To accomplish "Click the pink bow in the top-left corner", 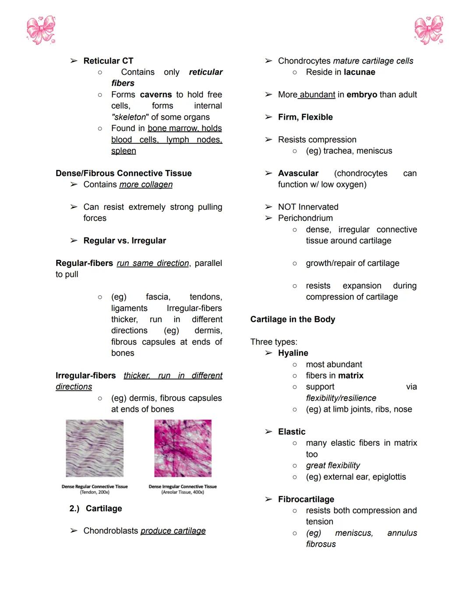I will [41, 30].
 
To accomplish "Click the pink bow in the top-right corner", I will [429, 30].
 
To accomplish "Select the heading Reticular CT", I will [108, 61].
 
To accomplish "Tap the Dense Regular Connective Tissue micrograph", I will [95, 448].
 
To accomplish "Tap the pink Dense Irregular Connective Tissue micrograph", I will [183, 448].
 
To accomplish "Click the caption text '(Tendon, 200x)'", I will [95, 492].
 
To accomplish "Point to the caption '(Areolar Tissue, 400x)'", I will [183, 492].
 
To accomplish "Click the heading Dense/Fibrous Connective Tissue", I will [124, 173].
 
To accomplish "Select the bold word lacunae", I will [359, 72].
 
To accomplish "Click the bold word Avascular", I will [298, 173].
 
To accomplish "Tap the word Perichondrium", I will [305, 218].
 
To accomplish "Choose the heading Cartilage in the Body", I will [293, 319].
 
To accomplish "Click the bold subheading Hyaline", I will [293, 353].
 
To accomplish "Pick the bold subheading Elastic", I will [292, 432].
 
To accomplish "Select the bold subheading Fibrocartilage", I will [306, 499].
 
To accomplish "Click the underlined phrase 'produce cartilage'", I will [173, 531].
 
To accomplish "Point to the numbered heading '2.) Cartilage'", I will [96, 508].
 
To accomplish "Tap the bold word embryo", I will [361, 95].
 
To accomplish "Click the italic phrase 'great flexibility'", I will [333, 465].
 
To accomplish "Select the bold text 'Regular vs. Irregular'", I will [125, 241].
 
